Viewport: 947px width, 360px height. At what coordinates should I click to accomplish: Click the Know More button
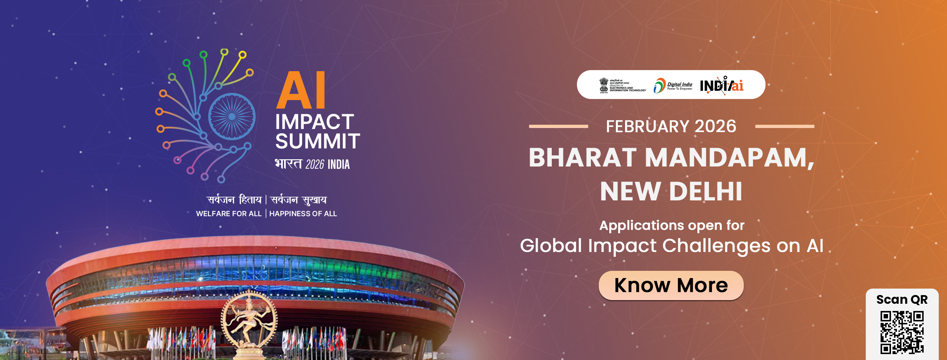point(671,285)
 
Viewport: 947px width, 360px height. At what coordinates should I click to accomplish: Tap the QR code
point(902,332)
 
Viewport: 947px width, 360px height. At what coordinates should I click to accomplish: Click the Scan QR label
point(902,300)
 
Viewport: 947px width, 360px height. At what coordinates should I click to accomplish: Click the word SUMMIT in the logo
point(317,141)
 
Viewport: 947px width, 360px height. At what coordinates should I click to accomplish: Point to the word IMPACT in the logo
point(314,122)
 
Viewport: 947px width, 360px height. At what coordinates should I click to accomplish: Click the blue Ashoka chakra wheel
point(231,116)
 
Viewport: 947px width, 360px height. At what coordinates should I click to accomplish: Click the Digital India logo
point(672,86)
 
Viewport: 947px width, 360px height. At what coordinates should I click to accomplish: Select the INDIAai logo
point(721,86)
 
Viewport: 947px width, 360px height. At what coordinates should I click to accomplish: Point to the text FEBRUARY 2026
point(671,126)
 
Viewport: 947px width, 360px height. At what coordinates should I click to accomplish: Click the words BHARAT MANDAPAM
point(671,158)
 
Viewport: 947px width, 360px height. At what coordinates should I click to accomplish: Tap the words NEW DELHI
point(671,192)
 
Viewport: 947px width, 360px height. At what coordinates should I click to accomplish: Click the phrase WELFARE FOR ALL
point(229,214)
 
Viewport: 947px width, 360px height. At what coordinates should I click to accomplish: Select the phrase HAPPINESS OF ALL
point(303,214)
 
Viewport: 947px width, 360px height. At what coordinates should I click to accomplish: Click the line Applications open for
point(672,225)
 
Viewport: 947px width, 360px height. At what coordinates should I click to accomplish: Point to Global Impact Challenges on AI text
point(671,245)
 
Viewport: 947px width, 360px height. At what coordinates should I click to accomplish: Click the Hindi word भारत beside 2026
point(288,164)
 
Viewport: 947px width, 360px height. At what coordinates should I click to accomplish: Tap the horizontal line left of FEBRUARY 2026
point(558,126)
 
